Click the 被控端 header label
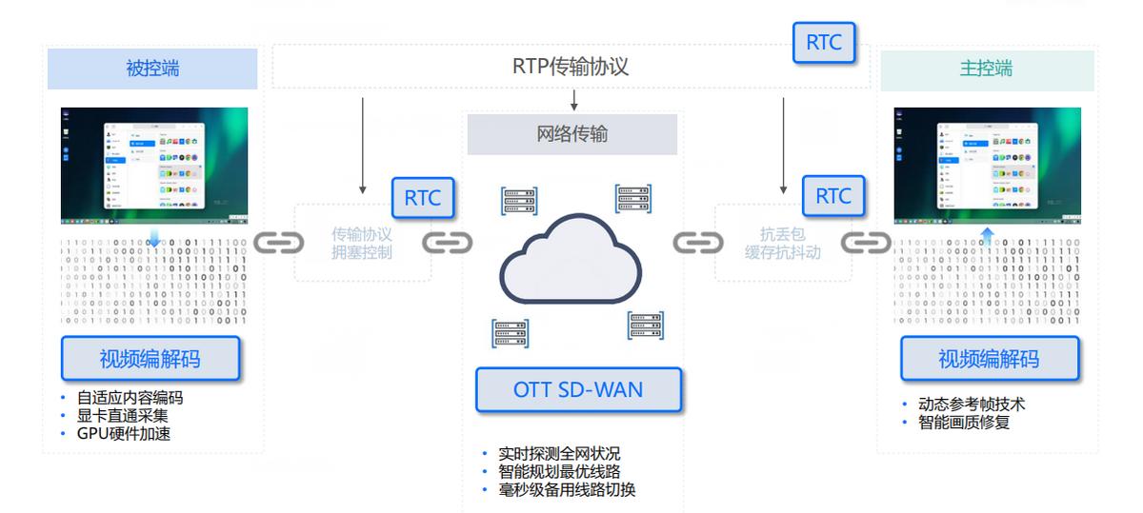[x=152, y=69]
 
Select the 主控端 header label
[x=986, y=69]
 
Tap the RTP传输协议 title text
[x=571, y=68]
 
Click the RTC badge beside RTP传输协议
[x=824, y=43]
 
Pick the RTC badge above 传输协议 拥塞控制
[x=423, y=198]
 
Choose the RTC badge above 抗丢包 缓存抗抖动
[x=833, y=197]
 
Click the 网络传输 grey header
[x=571, y=134]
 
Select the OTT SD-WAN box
[x=578, y=389]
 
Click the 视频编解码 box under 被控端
[x=150, y=359]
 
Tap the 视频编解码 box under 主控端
[x=990, y=359]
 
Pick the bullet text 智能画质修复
[x=963, y=423]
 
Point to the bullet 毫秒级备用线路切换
[x=566, y=490]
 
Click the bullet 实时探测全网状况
[x=558, y=454]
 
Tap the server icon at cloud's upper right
[x=633, y=199]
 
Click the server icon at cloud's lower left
[x=511, y=333]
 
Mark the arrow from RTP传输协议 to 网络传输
[x=573, y=100]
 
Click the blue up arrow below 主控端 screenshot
[x=988, y=235]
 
